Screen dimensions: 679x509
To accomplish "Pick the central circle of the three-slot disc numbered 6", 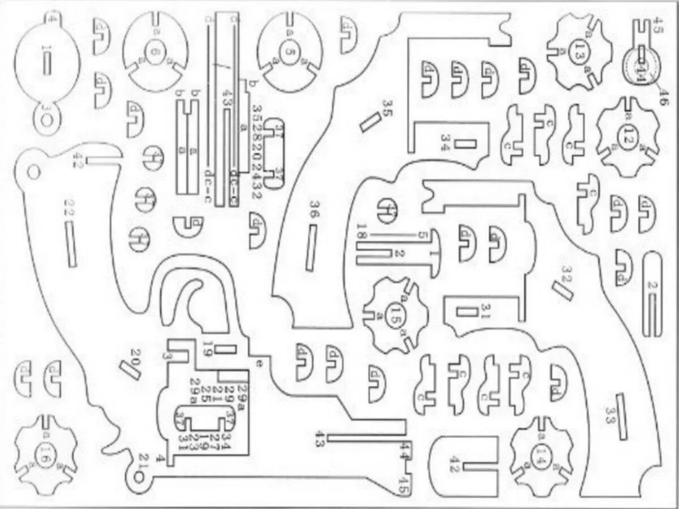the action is tap(153, 49).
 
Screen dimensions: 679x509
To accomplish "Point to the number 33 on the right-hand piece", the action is tap(611, 414).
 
